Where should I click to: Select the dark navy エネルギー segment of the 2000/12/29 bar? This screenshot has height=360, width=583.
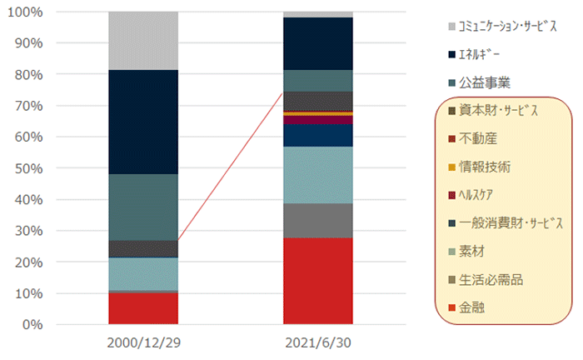pos(143,122)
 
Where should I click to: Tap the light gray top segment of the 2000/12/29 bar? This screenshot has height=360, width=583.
pos(143,41)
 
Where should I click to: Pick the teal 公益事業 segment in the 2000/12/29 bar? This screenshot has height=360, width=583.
pos(143,207)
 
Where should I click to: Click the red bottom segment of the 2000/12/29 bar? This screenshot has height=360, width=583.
pos(143,308)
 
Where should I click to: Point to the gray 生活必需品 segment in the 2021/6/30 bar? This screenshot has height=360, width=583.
pos(317,220)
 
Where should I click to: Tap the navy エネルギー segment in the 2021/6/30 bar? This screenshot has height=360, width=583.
pos(317,43)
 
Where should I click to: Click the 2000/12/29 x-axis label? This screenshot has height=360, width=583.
pos(143,343)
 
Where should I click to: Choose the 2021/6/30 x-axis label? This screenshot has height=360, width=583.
pos(317,343)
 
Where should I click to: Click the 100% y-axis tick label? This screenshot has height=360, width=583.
pos(27,12)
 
